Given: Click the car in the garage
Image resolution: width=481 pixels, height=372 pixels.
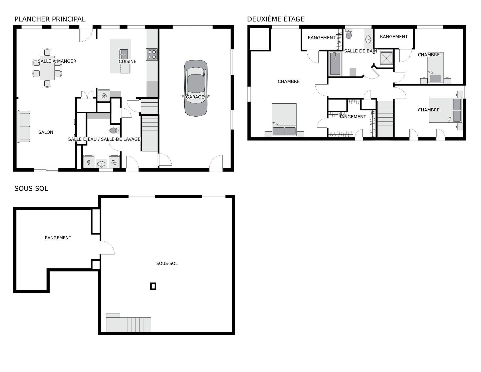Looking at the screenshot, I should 196,88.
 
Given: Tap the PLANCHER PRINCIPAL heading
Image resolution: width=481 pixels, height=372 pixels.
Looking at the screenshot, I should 50,19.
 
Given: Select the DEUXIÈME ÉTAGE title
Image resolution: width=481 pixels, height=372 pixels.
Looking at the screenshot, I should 276,19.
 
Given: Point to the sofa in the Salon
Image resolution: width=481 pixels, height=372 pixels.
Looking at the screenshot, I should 24,127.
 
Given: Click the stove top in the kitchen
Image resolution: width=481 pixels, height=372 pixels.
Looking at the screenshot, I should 152,54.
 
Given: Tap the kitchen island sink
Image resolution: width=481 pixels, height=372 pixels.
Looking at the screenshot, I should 124,54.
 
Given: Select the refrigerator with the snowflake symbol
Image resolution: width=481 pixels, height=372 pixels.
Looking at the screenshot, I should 104,96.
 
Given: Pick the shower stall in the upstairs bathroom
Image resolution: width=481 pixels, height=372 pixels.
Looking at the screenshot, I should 386,58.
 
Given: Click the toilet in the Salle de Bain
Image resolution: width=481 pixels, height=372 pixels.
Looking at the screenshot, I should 348,34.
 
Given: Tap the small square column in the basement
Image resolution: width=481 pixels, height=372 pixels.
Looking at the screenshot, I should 153,286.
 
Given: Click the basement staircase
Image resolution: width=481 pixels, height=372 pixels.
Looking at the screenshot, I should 135,324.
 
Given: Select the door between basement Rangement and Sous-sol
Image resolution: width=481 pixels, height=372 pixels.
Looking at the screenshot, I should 107,248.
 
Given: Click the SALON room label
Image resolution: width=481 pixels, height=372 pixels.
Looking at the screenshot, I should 46,132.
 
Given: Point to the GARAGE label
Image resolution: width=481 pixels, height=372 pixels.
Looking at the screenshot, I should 195,97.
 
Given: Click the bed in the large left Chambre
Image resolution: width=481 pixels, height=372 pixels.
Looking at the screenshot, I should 284,120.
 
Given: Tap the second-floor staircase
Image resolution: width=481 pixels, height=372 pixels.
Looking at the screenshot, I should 385,119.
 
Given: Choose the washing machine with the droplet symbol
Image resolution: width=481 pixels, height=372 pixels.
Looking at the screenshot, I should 89,162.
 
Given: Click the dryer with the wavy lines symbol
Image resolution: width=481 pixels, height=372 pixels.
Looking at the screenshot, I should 114,162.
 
